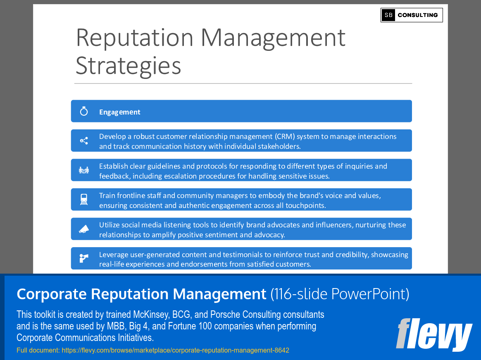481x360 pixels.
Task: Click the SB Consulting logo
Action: (x=412, y=15)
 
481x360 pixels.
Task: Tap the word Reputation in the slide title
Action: (x=135, y=38)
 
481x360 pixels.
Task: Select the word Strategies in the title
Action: (x=129, y=66)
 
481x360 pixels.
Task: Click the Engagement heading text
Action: (x=120, y=112)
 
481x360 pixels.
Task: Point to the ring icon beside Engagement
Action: (x=84, y=111)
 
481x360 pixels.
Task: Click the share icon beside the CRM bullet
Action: (x=84, y=141)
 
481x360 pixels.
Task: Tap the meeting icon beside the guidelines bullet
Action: (x=84, y=170)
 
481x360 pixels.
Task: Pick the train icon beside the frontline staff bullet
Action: (x=84, y=200)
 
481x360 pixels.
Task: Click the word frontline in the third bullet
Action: (x=132, y=195)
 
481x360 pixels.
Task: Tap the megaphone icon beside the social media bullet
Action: (x=84, y=229)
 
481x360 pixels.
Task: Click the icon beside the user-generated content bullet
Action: (x=84, y=258)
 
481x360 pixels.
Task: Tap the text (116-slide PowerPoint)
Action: (x=340, y=294)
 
